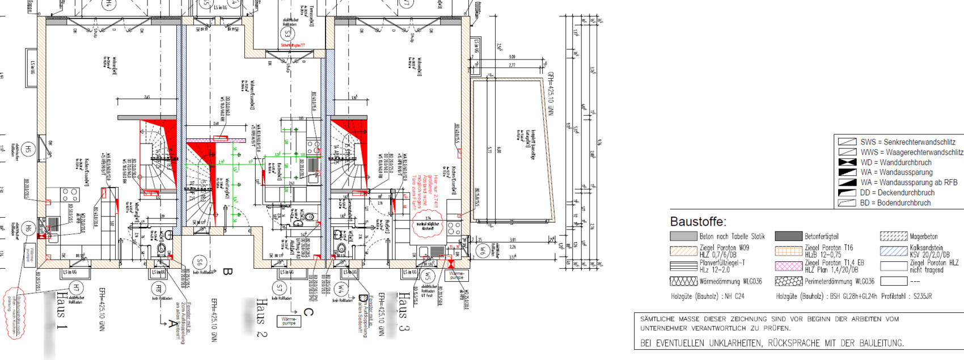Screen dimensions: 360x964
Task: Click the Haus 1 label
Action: coord(62,312)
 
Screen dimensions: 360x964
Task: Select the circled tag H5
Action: coord(28,150)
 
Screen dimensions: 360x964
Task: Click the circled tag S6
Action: coord(198,262)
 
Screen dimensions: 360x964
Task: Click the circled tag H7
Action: coord(75,288)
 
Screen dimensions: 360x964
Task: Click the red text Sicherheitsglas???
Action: coord(293,45)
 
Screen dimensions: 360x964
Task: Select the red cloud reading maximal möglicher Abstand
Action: coord(428,221)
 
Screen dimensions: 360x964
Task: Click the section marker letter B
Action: coord(227,272)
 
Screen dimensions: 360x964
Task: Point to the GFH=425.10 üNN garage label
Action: coord(549,94)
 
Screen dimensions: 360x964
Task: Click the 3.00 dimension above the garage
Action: coord(511,57)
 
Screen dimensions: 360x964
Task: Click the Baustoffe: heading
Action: coord(697,222)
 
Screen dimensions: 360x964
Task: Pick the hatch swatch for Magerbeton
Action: coord(893,236)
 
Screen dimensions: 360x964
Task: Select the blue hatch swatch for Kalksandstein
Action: coord(893,251)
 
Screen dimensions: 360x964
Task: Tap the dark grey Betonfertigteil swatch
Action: coord(788,236)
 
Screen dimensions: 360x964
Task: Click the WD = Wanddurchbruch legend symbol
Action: coord(847,163)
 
